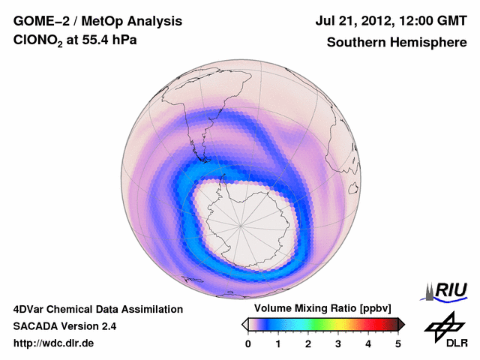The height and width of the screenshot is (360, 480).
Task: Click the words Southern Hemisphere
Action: [x=396, y=43]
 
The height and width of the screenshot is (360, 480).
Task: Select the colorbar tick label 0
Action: [x=248, y=343]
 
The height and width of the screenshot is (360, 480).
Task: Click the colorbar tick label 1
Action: [x=278, y=343]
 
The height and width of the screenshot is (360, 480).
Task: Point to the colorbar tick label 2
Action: [x=308, y=343]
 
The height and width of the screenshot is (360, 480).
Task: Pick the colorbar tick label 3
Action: [x=338, y=343]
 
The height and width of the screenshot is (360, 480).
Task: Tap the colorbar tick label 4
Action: [x=368, y=343]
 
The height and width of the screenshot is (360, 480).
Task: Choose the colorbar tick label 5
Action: [x=398, y=343]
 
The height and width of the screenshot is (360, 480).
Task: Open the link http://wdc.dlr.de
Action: [x=54, y=343]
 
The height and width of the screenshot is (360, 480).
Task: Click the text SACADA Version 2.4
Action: [x=64, y=326]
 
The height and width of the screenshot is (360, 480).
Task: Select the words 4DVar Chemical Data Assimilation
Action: [x=97, y=309]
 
